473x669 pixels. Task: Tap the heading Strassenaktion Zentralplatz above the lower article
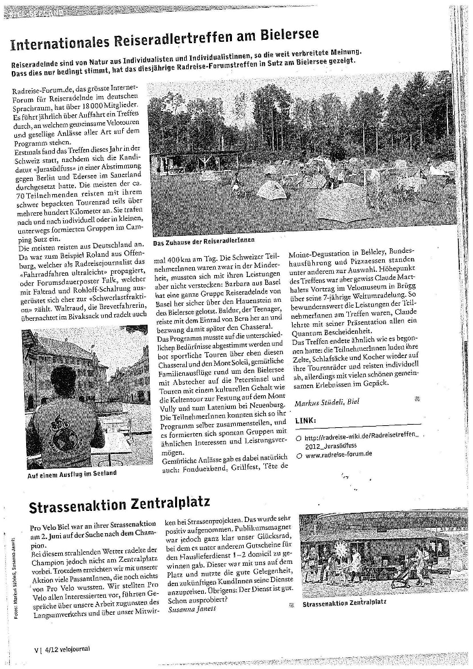coord(120,504)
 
